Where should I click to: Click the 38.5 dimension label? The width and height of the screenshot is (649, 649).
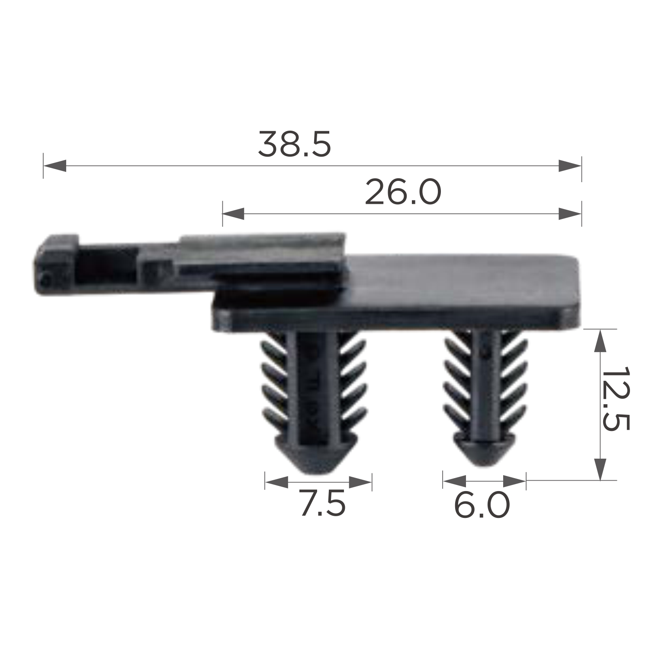tap(295, 144)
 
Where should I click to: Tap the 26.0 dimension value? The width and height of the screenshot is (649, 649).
tap(403, 192)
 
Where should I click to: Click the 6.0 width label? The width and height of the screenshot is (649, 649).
tap(482, 505)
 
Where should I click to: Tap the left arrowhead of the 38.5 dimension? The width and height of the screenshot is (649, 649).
tap(55, 165)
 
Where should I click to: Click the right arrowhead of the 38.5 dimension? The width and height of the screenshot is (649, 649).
tap(570, 165)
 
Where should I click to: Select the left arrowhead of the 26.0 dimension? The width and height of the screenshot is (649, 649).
tap(234, 213)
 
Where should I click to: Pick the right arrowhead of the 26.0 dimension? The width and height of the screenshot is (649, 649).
tap(570, 213)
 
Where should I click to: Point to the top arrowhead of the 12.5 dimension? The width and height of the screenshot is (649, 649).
tap(600, 341)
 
